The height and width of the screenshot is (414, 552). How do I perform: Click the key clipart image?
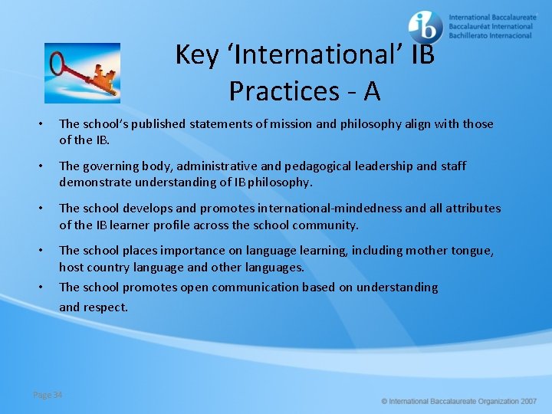click(82, 73)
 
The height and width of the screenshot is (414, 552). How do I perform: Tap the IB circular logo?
click(426, 27)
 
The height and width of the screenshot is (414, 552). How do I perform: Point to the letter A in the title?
click(372, 91)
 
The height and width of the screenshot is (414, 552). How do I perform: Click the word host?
click(71, 267)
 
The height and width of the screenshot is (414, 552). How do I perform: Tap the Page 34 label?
click(48, 395)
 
